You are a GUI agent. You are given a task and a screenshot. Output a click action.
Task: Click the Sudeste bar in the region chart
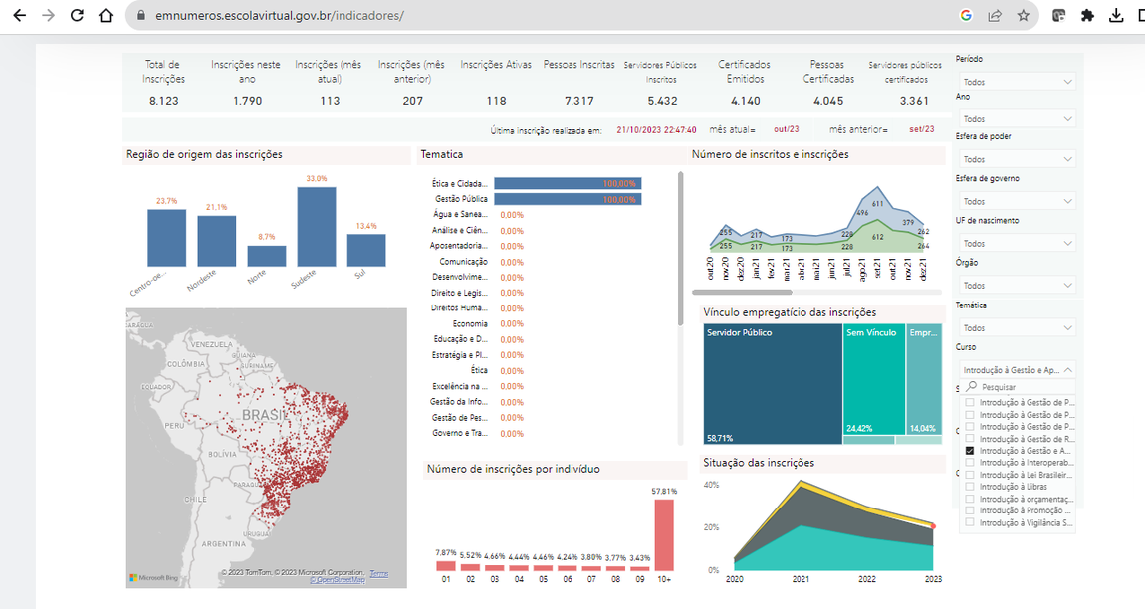[316, 226]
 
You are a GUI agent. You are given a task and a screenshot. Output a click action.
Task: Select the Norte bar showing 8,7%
[266, 256]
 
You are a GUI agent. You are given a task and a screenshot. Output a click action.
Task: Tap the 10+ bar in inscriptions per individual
[663, 533]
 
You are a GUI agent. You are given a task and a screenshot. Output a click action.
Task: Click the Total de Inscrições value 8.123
[163, 101]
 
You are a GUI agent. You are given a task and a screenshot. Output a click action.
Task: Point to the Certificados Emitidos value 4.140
[744, 101]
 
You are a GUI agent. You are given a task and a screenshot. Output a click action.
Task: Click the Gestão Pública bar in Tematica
[568, 199]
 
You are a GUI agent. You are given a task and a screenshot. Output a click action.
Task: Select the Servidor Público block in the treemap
[772, 383]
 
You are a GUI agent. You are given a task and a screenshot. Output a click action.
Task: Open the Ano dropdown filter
[1016, 119]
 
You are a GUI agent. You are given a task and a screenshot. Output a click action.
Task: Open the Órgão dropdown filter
[1016, 286]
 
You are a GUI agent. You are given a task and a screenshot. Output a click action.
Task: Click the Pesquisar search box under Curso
[1021, 386]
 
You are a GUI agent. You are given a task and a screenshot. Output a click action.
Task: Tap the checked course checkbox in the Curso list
[969, 451]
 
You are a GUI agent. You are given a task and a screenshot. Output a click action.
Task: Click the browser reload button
[77, 16]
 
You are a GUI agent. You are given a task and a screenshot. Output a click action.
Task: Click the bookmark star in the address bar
[1023, 16]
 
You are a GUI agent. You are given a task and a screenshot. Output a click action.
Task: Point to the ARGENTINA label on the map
[225, 544]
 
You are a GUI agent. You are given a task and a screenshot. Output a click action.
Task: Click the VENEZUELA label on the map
[210, 344]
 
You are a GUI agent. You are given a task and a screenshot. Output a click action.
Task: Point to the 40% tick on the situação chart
[711, 485]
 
